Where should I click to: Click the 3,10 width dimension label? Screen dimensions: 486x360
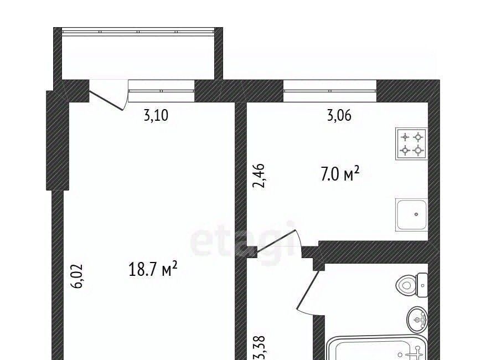pyautogui.click(x=156, y=115)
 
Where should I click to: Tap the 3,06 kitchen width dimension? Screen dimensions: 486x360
pyautogui.click(x=339, y=115)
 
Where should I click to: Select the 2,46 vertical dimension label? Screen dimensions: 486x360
pyautogui.click(x=259, y=176)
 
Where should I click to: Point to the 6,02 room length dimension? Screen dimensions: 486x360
pyautogui.click(x=77, y=276)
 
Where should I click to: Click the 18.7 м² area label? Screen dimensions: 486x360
pyautogui.click(x=153, y=269)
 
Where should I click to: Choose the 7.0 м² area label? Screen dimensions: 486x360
pyautogui.click(x=340, y=174)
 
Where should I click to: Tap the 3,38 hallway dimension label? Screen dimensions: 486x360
pyautogui.click(x=259, y=347)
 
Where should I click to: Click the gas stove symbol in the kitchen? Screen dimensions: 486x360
pyautogui.click(x=412, y=144)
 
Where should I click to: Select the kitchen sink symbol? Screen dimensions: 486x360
pyautogui.click(x=412, y=214)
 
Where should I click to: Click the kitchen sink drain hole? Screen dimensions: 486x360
pyautogui.click(x=416, y=214)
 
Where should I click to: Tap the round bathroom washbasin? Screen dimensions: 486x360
pyautogui.click(x=417, y=320)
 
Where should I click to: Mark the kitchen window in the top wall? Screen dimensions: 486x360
pyautogui.click(x=330, y=91)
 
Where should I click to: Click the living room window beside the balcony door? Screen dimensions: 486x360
pyautogui.click(x=161, y=91)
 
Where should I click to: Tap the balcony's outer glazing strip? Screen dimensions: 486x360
pyautogui.click(x=138, y=32)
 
